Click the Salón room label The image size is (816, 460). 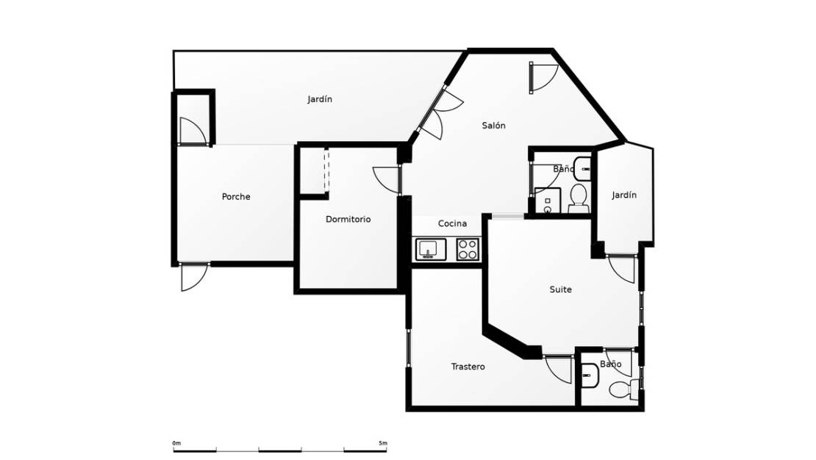tap(493, 126)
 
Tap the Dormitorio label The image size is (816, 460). tap(348, 219)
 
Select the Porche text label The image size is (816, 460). tap(236, 197)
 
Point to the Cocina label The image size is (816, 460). tap(452, 223)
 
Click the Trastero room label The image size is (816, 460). tap(468, 367)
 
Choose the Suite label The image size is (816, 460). tap(560, 290)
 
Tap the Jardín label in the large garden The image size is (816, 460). tap(320, 99)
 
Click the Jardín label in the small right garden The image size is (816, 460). tap(623, 195)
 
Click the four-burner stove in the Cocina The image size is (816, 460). tap(468, 250)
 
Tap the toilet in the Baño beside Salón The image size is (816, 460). tap(578, 197)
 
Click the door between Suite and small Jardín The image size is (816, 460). tap(622, 269)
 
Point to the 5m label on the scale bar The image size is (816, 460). tap(382, 443)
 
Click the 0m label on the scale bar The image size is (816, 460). tap(176, 443)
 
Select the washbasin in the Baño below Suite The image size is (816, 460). tap(590, 377)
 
